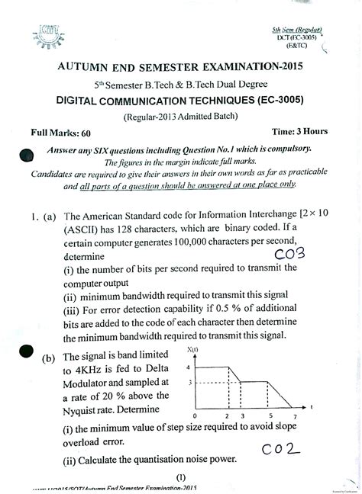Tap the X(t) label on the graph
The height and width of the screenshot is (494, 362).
pyautogui.click(x=212, y=349)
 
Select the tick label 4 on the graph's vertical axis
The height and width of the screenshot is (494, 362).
pyautogui.click(x=188, y=367)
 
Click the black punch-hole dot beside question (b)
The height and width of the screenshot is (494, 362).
pyautogui.click(x=25, y=351)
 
